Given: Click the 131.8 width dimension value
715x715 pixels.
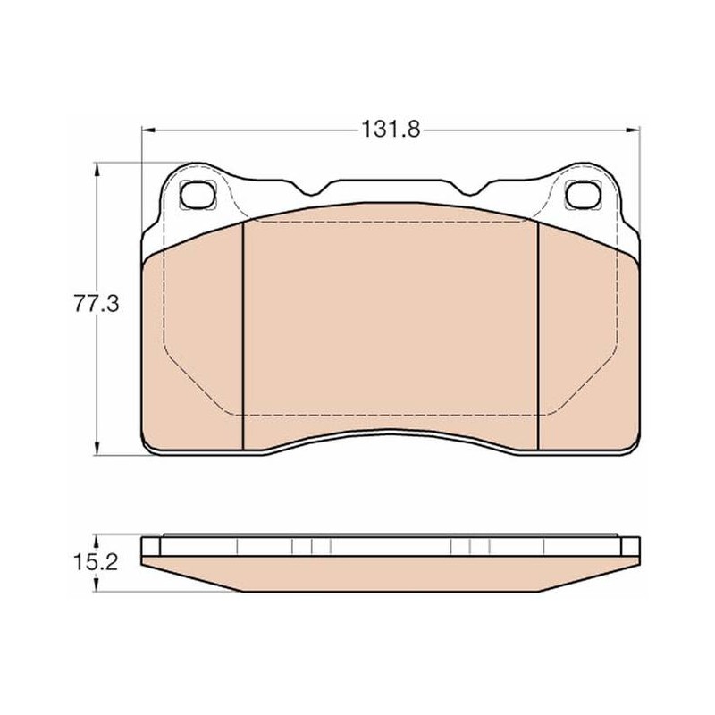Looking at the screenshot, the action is click(x=391, y=130).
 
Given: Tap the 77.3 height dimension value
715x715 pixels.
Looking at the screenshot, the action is click(x=97, y=304).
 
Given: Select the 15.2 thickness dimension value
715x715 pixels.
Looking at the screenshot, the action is click(x=96, y=562).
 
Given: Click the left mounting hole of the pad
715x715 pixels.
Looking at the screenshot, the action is click(x=198, y=194).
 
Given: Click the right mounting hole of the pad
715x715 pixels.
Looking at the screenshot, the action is click(x=582, y=194).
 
